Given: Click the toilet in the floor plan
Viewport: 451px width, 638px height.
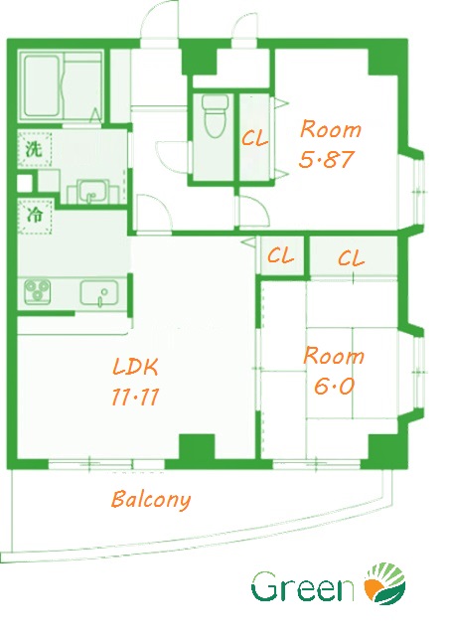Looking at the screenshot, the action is (215, 115).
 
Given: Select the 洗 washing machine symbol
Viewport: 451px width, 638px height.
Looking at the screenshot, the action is (35, 149).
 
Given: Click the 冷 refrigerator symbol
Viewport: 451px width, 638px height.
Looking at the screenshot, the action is (35, 216).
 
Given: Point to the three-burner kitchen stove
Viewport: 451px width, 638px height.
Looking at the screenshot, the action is (38, 291).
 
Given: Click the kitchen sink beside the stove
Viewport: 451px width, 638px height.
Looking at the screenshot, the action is (99, 293).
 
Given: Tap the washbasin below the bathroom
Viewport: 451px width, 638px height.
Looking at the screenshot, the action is (92, 191).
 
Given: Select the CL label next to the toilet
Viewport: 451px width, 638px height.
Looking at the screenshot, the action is (254, 139).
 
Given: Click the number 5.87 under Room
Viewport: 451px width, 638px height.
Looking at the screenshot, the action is (326, 159).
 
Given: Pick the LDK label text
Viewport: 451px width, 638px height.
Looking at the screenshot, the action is (135, 367).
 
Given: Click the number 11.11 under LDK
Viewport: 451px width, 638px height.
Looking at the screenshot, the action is (135, 397).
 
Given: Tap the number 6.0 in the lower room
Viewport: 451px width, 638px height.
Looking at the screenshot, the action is (334, 387).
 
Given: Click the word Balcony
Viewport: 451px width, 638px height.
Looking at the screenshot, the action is (151, 500).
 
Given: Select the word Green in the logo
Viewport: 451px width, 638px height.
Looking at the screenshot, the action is (303, 586).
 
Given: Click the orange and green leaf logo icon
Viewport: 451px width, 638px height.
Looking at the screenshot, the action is (384, 584).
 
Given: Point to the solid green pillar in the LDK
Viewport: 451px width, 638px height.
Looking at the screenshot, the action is (197, 447).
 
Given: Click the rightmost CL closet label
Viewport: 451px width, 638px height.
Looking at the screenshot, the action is (351, 258).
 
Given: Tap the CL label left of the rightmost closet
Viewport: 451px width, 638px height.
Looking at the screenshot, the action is (280, 255).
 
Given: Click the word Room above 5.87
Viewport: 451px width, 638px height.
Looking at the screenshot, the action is (331, 129).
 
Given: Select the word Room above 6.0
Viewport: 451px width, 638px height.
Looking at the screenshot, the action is (334, 356).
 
